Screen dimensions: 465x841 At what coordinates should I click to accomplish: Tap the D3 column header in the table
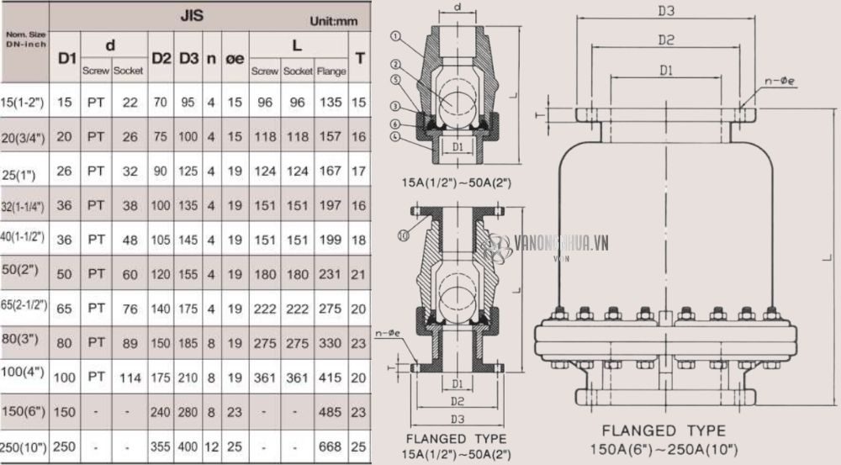click(188, 58)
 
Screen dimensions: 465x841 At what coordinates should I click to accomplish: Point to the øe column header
click(235, 58)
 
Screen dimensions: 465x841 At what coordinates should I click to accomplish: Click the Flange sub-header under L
click(331, 71)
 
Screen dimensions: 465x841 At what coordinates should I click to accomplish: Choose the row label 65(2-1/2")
click(24, 307)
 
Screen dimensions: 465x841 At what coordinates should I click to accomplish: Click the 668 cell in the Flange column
click(331, 447)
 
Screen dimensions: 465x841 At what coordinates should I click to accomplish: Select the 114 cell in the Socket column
click(130, 378)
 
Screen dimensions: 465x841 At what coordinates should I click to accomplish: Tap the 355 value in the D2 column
click(161, 447)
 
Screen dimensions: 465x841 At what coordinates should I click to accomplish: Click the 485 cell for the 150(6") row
click(331, 412)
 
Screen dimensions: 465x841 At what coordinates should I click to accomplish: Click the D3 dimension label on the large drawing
click(666, 11)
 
